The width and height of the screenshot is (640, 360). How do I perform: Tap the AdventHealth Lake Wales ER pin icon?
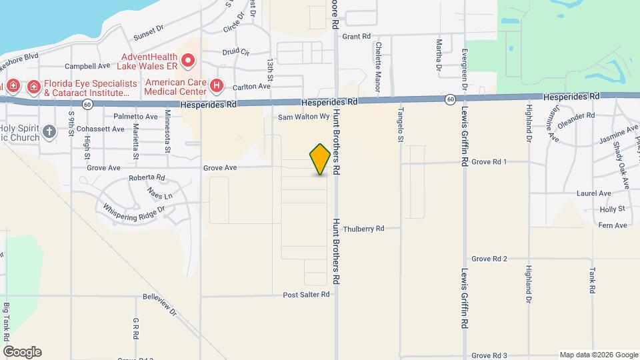pos(188,62)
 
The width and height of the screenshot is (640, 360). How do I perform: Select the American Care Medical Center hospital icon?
pos(216,85)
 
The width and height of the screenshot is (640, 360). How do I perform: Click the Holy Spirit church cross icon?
pos(49,131)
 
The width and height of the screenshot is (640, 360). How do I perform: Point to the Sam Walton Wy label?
pos(304,117)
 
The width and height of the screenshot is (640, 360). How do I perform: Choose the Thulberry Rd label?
pos(363,229)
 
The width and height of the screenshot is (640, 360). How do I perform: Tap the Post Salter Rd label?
pos(306,294)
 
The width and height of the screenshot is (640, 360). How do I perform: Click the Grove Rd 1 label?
pos(490,162)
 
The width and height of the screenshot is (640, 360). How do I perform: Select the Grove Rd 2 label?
pos(490,259)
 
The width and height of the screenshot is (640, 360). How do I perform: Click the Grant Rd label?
pos(356,37)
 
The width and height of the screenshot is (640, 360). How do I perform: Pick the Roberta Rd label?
pos(147,178)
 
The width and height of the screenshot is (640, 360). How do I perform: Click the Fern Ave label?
pos(613,225)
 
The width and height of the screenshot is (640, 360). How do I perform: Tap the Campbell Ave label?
pos(87,67)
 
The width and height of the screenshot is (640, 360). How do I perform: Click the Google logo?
pos(22,352)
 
